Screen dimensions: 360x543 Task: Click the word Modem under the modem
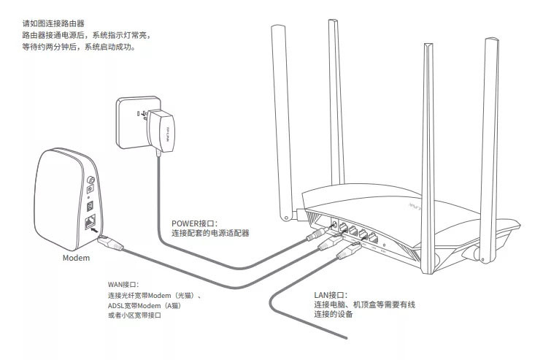pos(77,258)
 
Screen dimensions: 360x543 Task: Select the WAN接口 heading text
pos(123,284)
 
